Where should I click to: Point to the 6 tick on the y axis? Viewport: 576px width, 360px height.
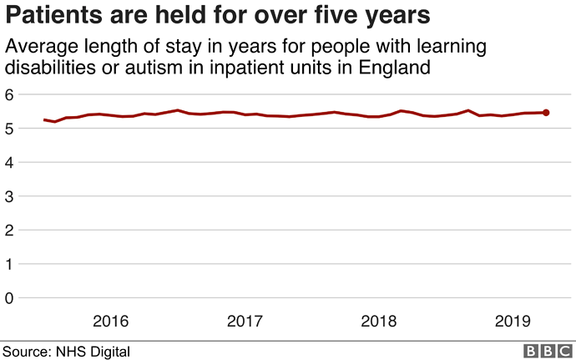coord(9,94)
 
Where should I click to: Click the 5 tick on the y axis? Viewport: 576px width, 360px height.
coord(9,129)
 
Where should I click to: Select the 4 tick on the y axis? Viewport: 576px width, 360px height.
coord(9,162)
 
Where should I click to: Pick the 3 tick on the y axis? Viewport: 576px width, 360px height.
coord(9,196)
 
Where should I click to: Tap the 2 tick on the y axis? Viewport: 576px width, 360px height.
coord(9,230)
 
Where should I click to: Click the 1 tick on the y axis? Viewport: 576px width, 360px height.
coord(9,264)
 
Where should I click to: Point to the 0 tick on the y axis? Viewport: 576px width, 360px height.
coord(9,297)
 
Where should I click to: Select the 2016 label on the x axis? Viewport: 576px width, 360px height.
coord(110,321)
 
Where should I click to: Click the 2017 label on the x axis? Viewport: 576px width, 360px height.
coord(245,321)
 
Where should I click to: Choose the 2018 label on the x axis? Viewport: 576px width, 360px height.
coord(381,321)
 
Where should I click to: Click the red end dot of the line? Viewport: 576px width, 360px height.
coord(546,112)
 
